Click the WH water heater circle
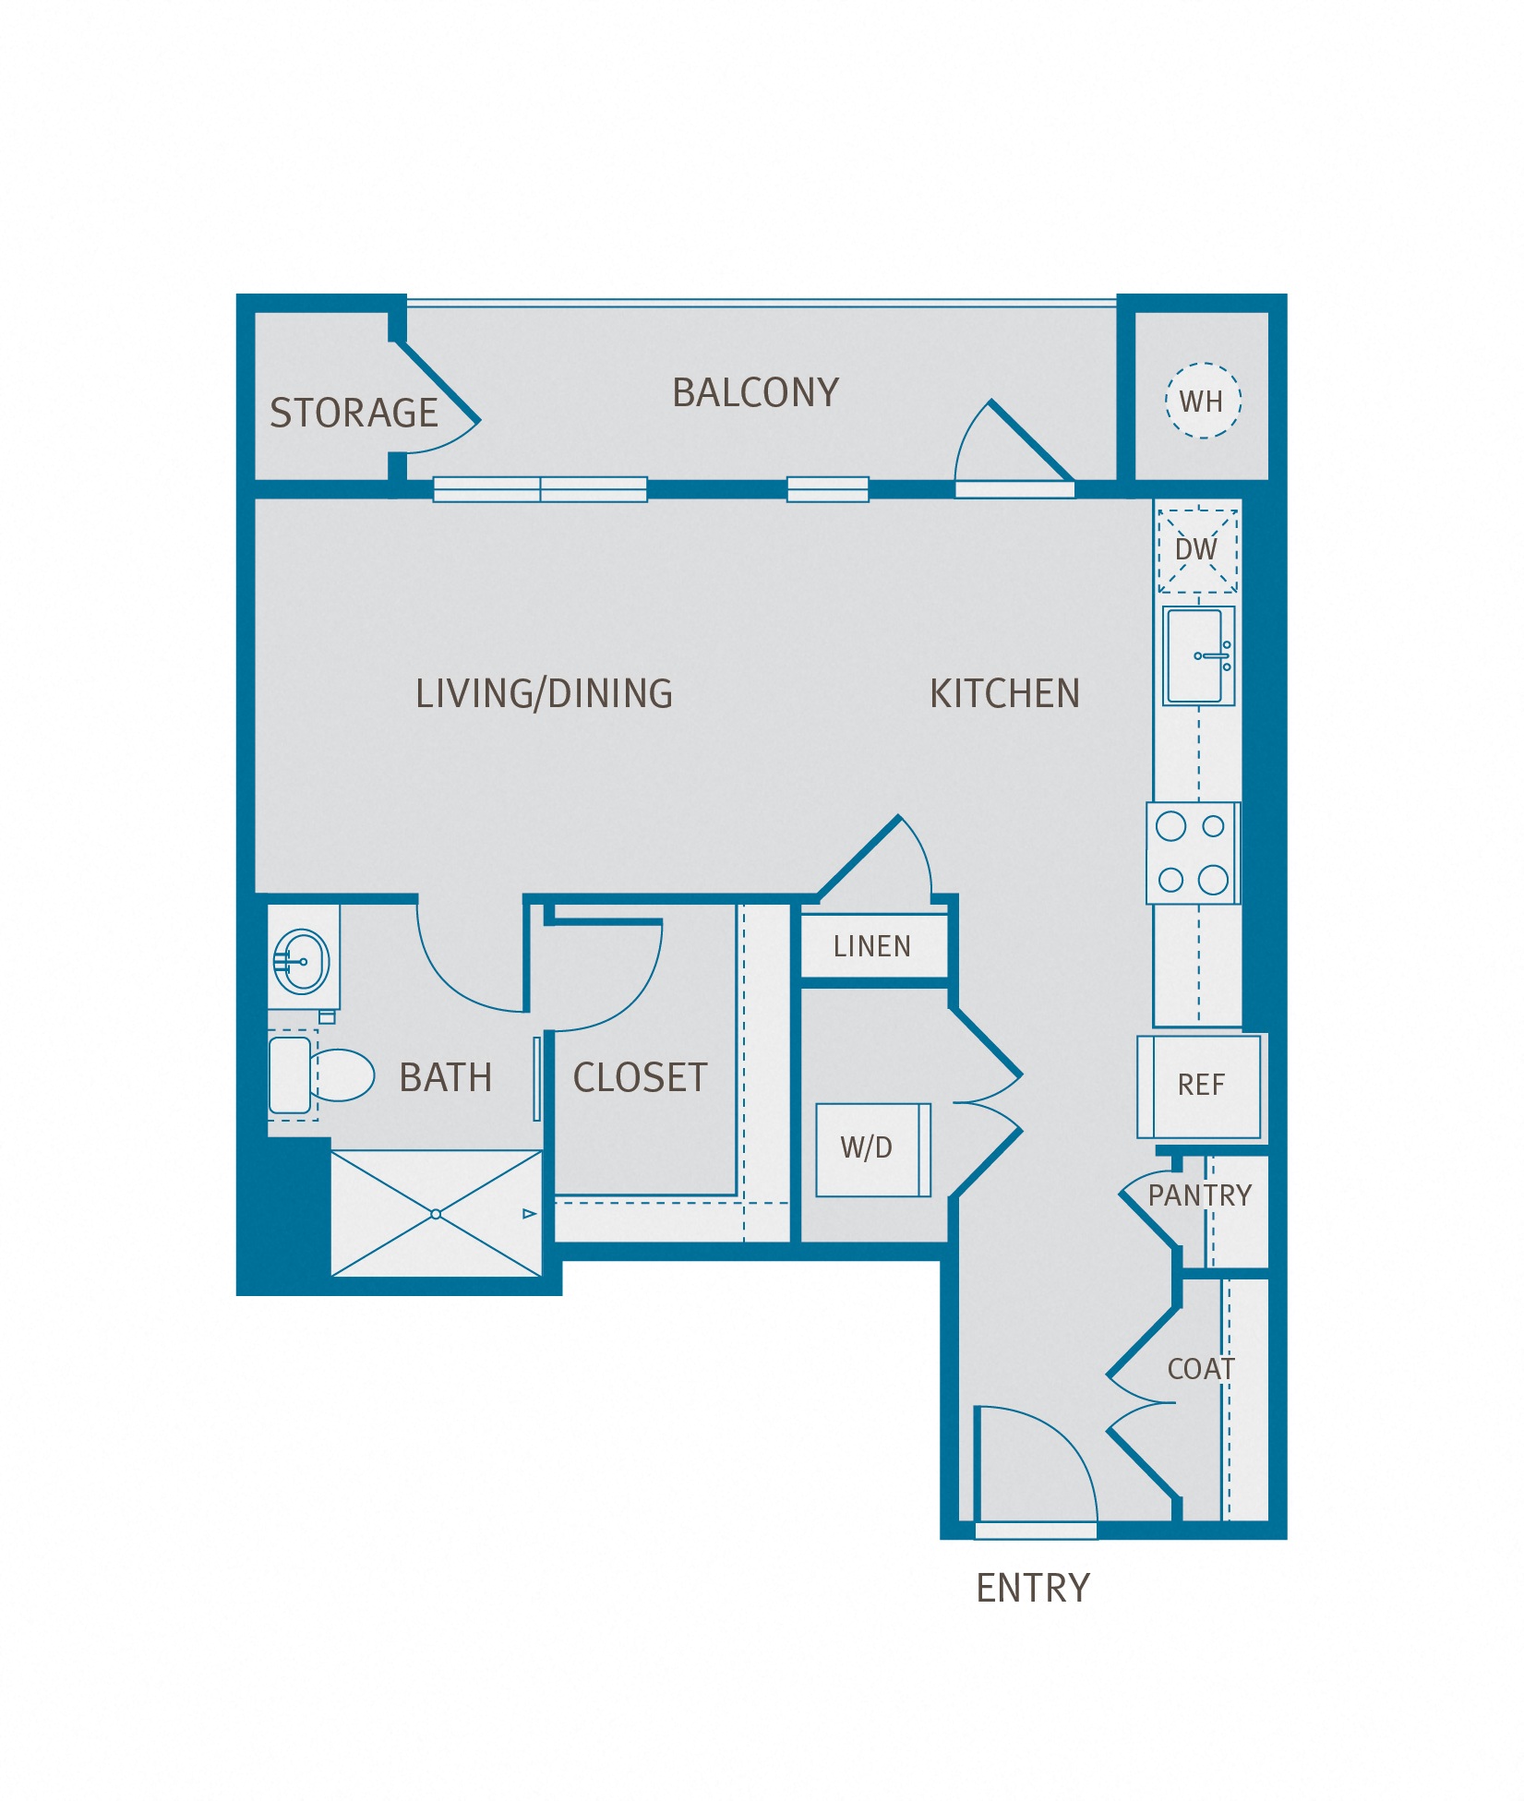1203,401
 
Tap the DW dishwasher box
1197,550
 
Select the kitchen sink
1196,656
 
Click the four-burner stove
1193,853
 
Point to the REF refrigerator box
1200,1086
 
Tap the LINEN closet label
872,946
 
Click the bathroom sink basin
303,961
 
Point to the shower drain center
436,1214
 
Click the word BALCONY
755,393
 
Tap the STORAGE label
354,414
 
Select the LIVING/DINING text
544,694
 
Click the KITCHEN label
1004,694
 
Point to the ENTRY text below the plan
1033,1588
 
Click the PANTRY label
1199,1195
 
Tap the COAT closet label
1200,1369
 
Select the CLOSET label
640,1078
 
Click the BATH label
446,1078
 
